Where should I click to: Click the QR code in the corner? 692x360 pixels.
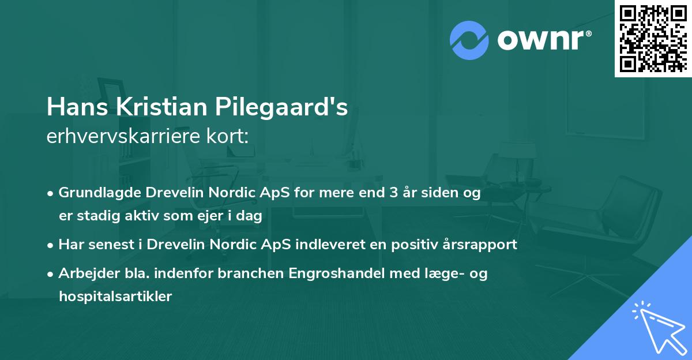coord(653,38)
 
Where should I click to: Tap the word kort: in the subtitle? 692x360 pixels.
coord(228,137)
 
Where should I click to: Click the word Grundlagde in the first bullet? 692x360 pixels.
coord(97,193)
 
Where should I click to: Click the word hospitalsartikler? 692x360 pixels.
coord(115,297)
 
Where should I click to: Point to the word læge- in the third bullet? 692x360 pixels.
coord(443,273)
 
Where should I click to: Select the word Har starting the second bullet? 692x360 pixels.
coord(70,245)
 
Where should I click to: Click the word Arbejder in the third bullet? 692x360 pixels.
coord(84,273)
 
